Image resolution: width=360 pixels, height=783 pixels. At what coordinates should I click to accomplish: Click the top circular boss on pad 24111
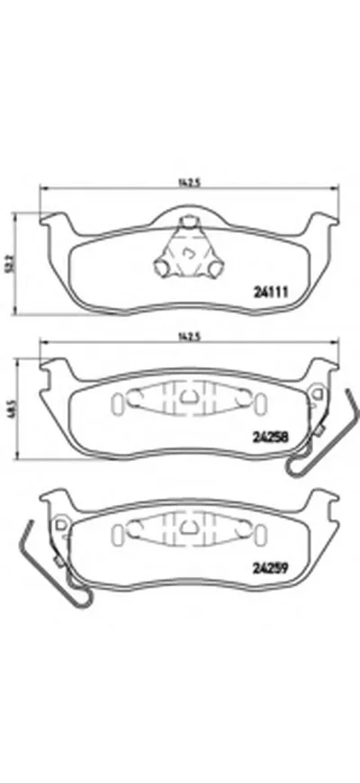(x=189, y=221)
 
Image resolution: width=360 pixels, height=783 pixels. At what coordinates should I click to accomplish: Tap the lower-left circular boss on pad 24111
(x=162, y=267)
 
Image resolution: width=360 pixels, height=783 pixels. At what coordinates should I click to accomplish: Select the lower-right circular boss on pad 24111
(x=217, y=267)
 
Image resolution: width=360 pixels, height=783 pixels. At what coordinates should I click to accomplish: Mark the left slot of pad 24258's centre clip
(x=118, y=405)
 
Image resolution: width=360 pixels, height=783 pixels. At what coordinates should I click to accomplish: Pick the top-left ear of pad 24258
(x=56, y=365)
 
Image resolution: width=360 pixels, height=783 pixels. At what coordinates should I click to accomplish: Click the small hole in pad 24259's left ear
(x=58, y=525)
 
